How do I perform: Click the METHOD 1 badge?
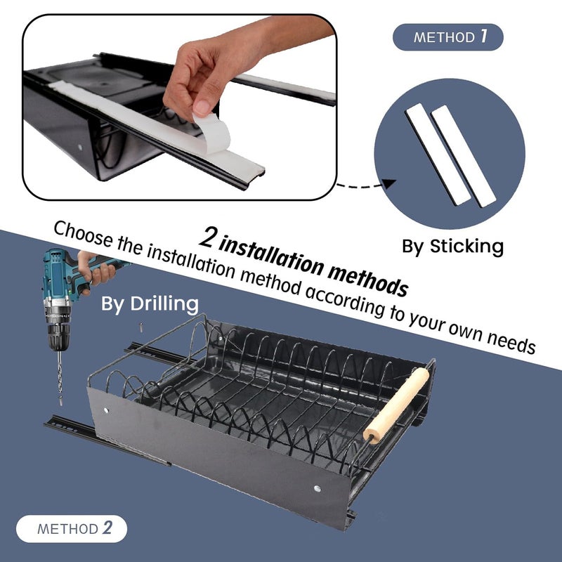[447, 37]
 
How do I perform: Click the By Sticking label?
[452, 246]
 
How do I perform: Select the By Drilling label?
[150, 303]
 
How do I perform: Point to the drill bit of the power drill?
[58, 379]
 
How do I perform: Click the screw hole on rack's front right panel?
[318, 488]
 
